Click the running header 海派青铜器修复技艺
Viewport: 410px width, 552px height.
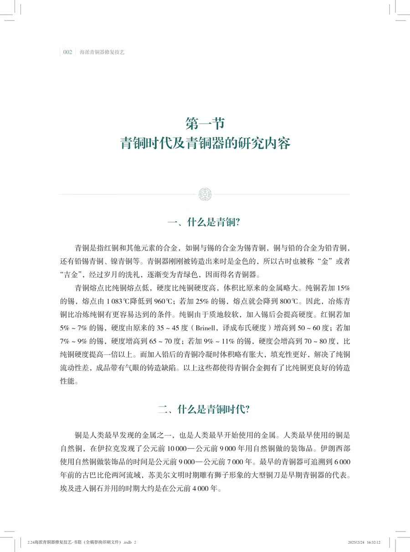click(x=102, y=52)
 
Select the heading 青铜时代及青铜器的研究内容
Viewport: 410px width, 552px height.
click(x=205, y=142)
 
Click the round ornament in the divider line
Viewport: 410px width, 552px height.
click(x=205, y=194)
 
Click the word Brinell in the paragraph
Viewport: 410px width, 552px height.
click(x=235, y=328)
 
